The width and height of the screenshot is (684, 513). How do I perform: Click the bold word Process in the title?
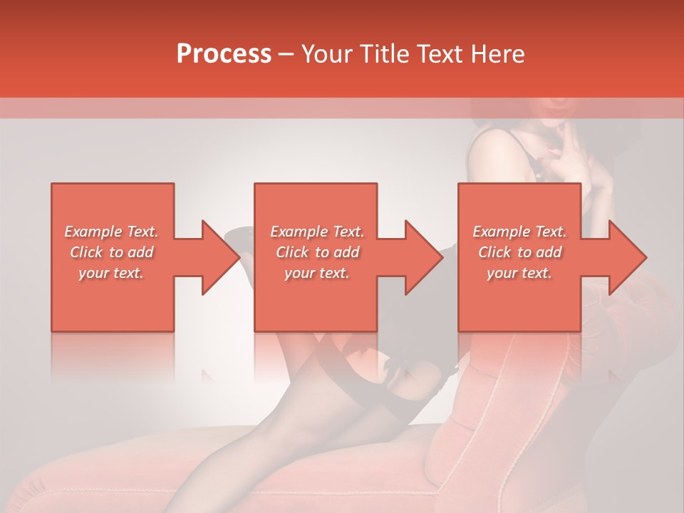[224, 54]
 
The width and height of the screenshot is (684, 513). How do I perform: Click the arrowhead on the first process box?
[214, 257]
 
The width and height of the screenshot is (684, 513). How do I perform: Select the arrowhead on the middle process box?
[418, 257]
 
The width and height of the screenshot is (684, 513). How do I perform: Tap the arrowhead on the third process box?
[621, 257]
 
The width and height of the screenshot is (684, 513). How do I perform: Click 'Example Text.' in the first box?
[111, 232]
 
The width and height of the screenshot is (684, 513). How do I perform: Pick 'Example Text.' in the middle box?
[317, 232]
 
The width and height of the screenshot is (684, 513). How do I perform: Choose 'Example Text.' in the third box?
[519, 232]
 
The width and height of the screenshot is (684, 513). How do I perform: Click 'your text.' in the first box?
[111, 273]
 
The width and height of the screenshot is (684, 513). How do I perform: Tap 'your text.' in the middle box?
[317, 273]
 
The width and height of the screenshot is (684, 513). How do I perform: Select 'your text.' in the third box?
[519, 273]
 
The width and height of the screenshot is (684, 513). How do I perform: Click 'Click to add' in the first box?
[111, 252]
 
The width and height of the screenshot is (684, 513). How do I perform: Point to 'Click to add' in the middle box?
[317, 252]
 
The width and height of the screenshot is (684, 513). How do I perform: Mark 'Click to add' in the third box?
[519, 252]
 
